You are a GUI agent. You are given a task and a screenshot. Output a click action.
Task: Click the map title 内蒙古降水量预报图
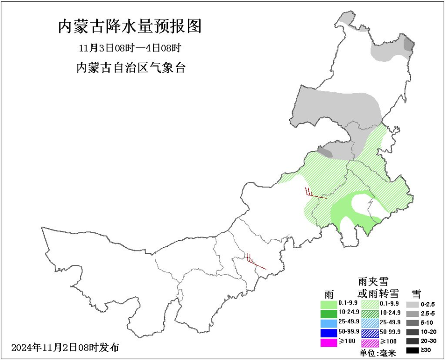click(x=130, y=26)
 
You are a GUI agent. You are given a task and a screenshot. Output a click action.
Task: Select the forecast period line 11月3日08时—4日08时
click(x=130, y=48)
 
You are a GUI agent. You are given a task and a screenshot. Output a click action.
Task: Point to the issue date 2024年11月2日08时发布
click(x=65, y=347)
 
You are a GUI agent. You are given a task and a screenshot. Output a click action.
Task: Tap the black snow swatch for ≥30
click(x=412, y=351)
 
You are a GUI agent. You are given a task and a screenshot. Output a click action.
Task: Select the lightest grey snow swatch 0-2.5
click(x=412, y=304)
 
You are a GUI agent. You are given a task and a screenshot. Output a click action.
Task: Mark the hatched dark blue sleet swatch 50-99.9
click(x=369, y=332)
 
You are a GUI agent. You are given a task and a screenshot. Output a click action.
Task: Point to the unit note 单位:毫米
click(x=378, y=354)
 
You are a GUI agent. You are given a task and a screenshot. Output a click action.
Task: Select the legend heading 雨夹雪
click(x=373, y=282)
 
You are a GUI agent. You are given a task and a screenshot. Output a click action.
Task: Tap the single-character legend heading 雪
click(x=416, y=293)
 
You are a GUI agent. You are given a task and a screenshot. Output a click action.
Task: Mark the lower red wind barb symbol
click(x=255, y=262)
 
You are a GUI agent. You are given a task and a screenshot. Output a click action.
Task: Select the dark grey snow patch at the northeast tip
click(x=408, y=45)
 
